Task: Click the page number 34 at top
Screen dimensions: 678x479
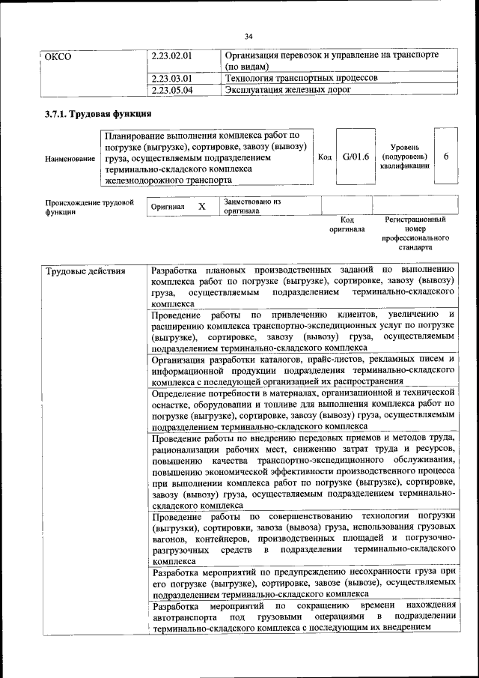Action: click(248, 35)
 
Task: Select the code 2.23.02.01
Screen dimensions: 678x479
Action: click(171, 56)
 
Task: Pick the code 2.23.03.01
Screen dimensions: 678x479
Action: click(171, 78)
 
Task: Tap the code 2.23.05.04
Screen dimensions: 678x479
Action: click(171, 90)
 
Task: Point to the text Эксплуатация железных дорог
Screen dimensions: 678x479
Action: click(288, 90)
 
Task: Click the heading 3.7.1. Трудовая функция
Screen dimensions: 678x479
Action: click(94, 115)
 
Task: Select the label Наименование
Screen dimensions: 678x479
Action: click(70, 158)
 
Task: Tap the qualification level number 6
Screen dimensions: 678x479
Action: click(446, 157)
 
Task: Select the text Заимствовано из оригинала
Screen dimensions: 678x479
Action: click(251, 206)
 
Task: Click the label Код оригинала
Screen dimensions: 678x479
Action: click(347, 225)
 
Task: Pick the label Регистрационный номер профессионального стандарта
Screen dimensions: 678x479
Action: click(415, 233)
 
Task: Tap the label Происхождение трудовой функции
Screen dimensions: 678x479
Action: click(89, 207)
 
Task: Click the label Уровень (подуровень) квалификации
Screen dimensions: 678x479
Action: click(404, 157)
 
